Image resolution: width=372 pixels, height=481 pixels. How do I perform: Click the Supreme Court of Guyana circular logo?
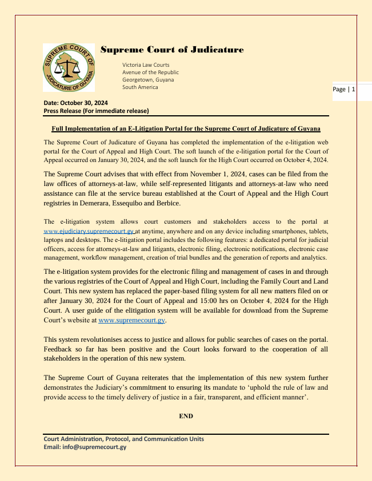[x=69, y=68]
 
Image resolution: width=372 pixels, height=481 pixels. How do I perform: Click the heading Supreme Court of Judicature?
[x=172, y=50]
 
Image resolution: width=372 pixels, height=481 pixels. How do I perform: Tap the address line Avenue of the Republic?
[x=150, y=72]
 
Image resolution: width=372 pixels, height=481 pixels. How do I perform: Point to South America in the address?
[x=140, y=87]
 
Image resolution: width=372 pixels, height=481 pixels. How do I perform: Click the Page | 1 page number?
[x=344, y=90]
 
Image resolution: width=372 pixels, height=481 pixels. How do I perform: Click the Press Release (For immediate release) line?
[x=96, y=111]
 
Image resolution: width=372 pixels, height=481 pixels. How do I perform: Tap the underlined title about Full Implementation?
[x=186, y=128]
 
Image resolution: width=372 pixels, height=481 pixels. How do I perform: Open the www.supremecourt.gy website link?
[x=132, y=321]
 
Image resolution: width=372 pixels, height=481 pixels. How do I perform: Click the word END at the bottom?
[x=186, y=416]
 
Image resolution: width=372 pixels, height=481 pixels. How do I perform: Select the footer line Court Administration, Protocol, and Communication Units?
[x=124, y=439]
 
